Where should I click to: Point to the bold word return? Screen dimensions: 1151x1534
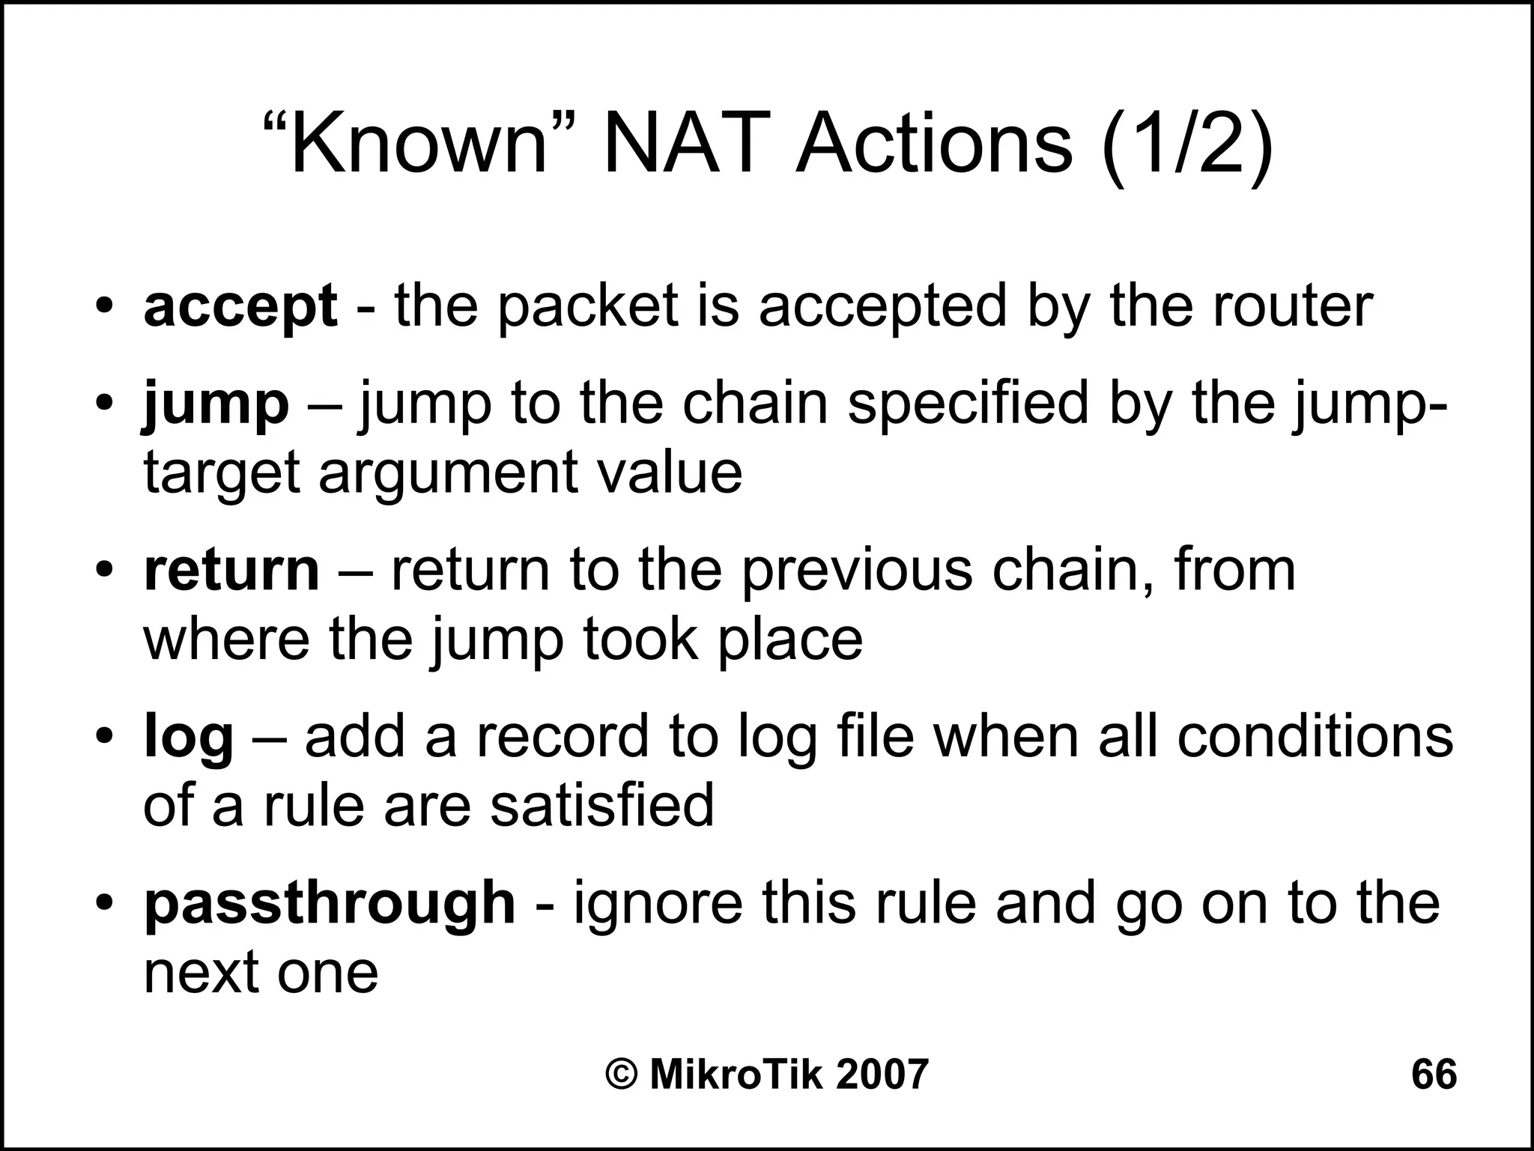tap(231, 571)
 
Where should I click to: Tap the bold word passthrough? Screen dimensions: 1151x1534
tap(330, 904)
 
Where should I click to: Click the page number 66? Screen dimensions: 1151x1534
tap(1434, 1075)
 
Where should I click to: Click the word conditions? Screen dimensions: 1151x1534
tap(1315, 738)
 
